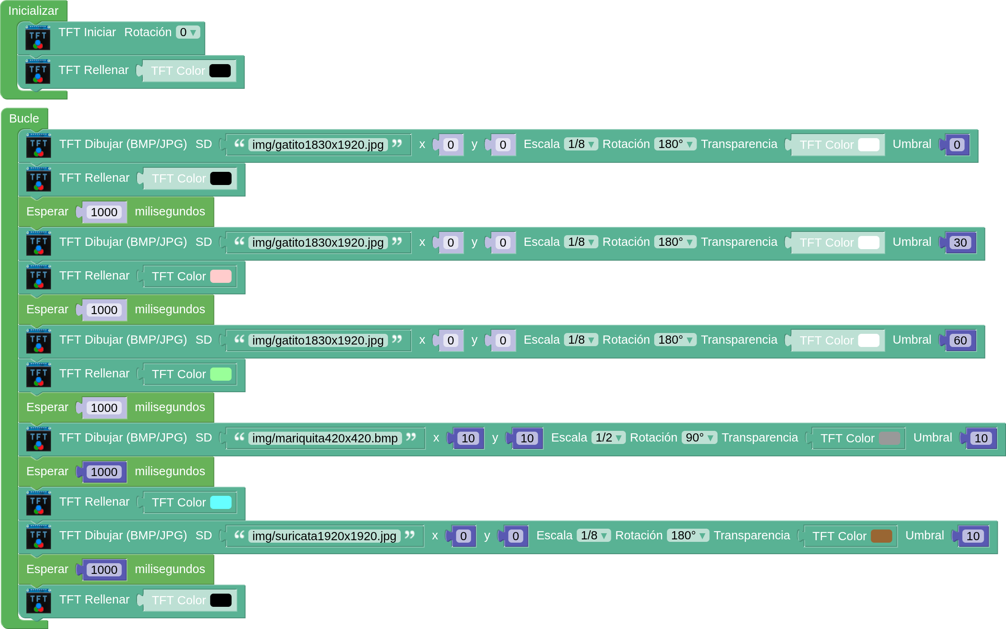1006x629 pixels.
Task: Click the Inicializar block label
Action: [33, 11]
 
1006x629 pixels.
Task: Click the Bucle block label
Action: [24, 118]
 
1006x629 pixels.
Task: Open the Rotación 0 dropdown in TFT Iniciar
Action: [188, 32]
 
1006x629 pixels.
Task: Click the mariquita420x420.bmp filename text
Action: [325, 438]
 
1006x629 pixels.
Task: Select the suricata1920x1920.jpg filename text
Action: [324, 536]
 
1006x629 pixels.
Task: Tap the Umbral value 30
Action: [960, 243]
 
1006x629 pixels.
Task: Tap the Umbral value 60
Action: [960, 340]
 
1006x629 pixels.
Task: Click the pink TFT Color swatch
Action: [221, 276]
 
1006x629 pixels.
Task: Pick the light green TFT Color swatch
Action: [221, 374]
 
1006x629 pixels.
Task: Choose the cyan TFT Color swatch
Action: [221, 502]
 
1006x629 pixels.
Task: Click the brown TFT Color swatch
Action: [881, 536]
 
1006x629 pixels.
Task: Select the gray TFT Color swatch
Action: [889, 438]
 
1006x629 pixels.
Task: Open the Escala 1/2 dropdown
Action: [608, 438]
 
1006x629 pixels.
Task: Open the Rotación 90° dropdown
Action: [699, 438]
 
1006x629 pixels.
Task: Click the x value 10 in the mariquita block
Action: [468, 438]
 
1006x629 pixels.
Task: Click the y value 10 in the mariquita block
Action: [527, 438]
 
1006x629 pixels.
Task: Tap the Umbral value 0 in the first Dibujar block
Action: [957, 145]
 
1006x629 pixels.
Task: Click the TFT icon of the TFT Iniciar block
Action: [38, 37]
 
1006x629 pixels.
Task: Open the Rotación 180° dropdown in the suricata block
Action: [688, 535]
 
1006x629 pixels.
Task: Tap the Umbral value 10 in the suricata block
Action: [973, 536]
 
